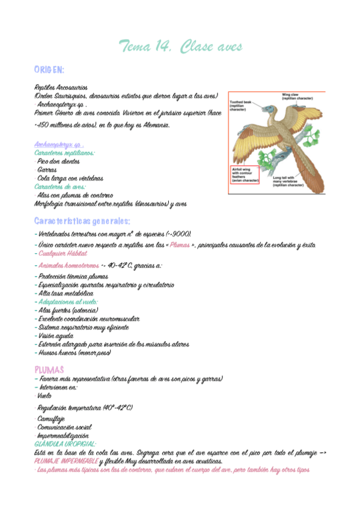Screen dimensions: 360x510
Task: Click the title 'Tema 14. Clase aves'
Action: (180, 46)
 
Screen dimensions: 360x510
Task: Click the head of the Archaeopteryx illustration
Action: (252, 111)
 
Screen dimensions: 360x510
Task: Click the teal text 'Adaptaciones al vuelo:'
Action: (68, 301)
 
